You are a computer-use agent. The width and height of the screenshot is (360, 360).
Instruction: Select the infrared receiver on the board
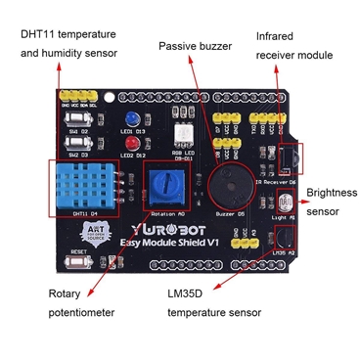pos(290,157)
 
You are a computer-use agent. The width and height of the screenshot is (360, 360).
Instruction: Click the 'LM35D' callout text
pos(186,293)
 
